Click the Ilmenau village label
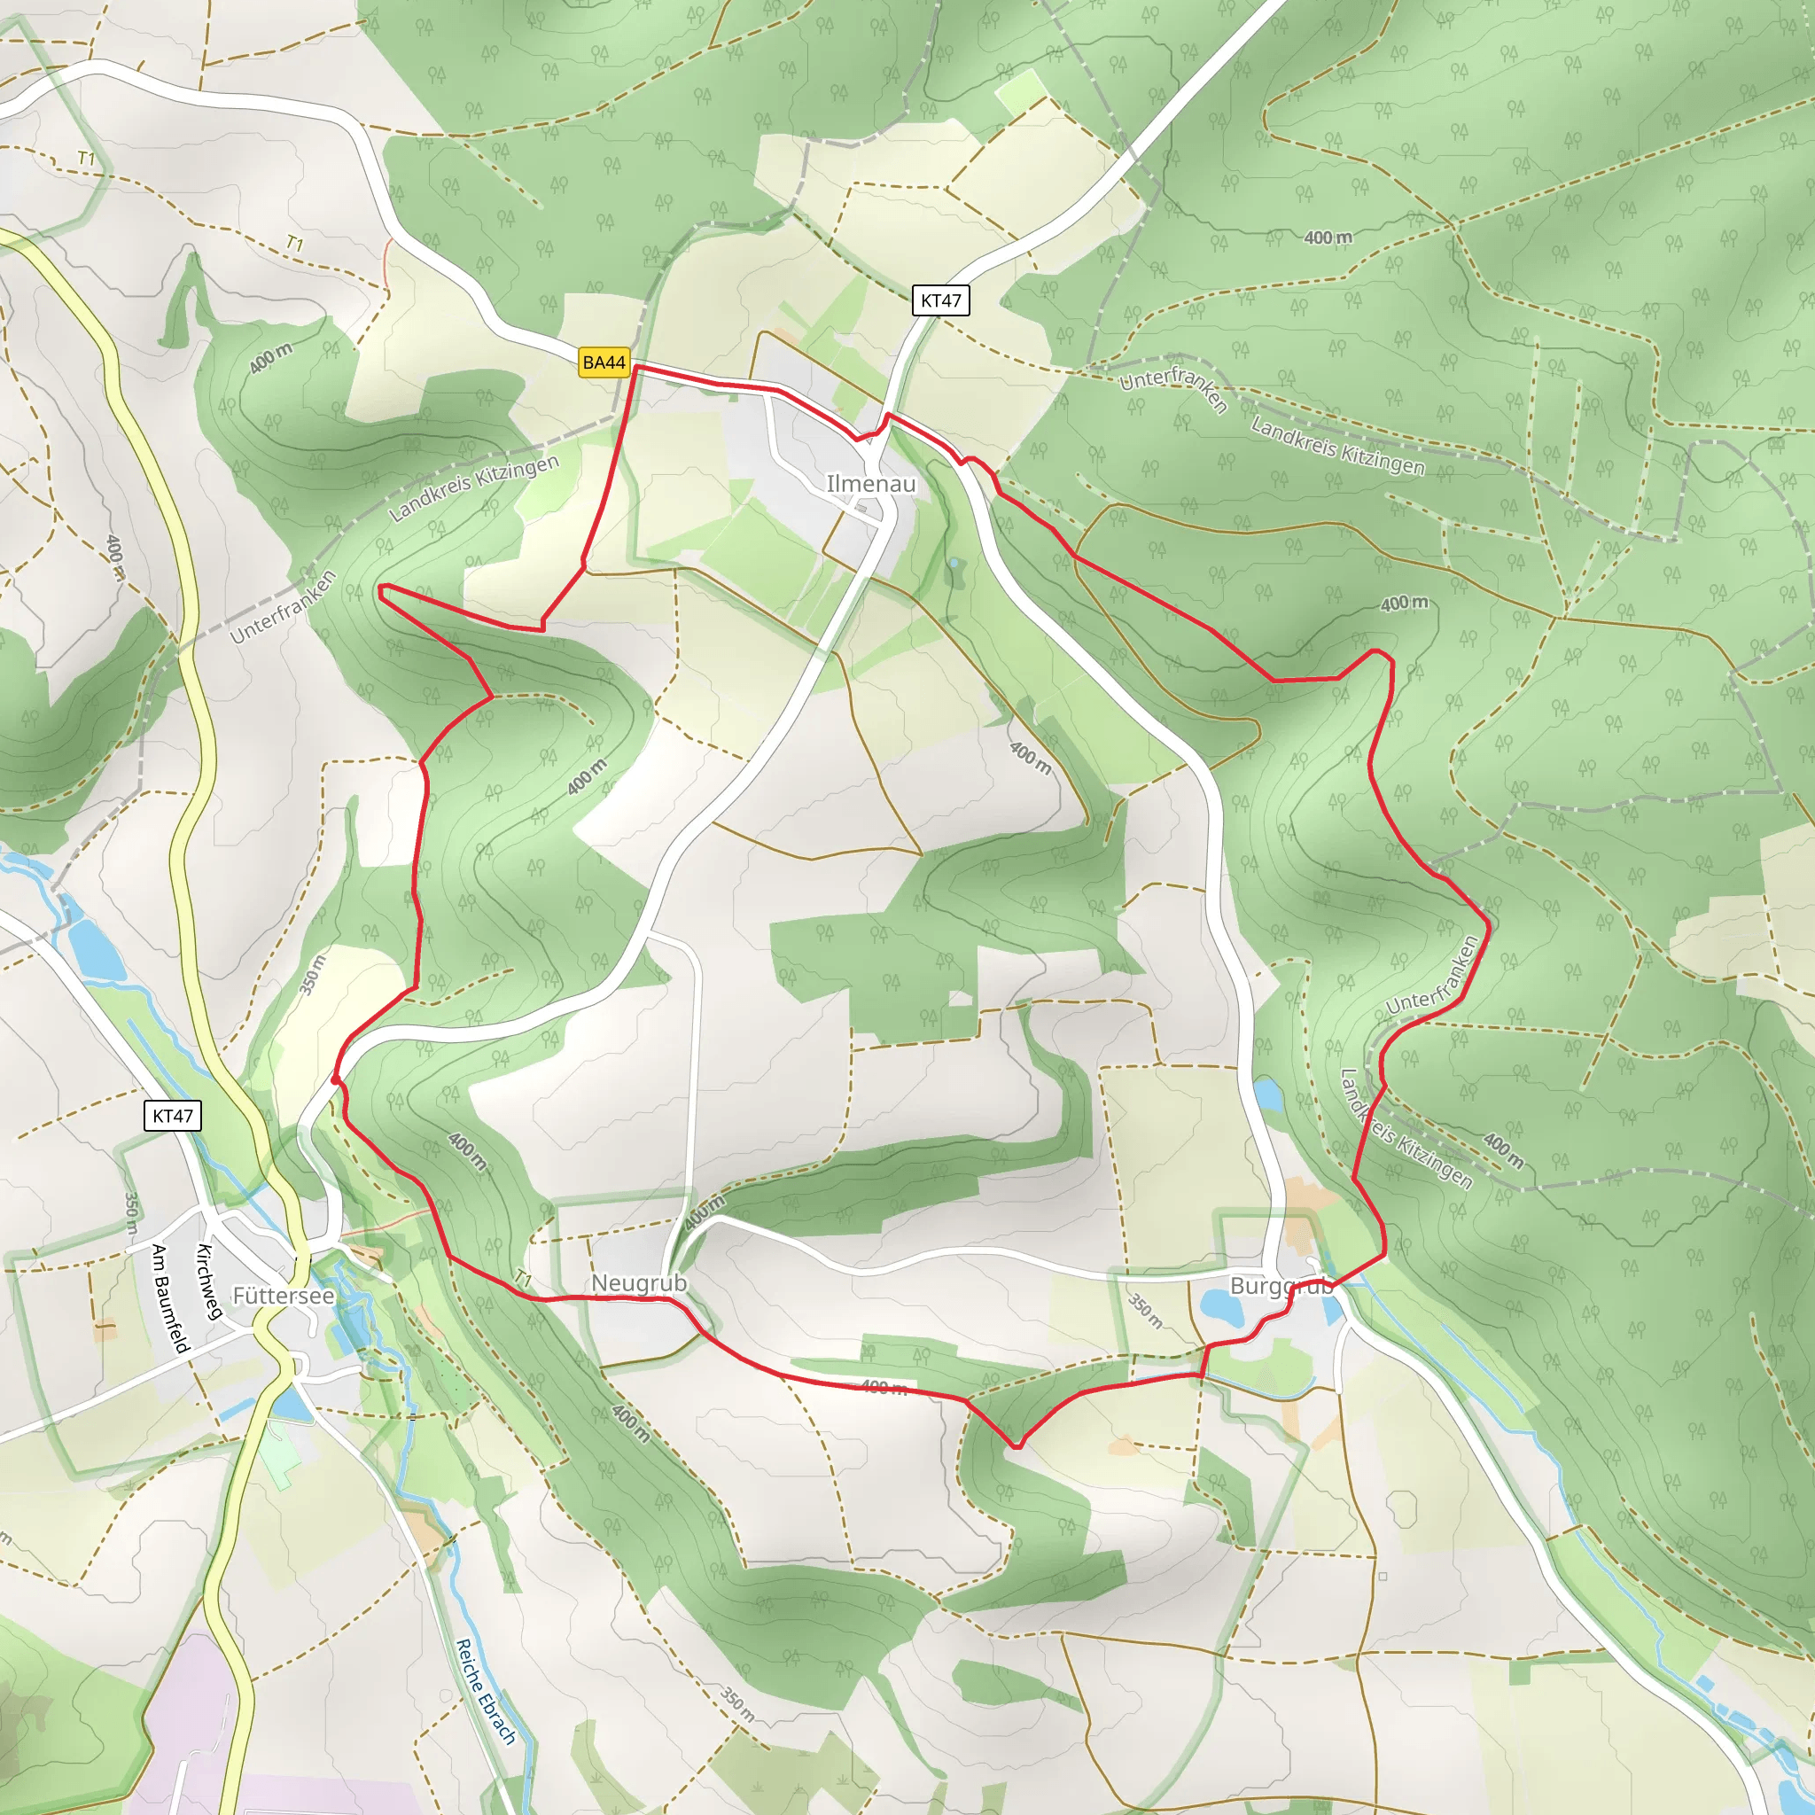click(x=870, y=484)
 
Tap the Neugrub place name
click(x=639, y=1283)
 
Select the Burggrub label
click(x=1281, y=1286)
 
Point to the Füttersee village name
click(x=283, y=1296)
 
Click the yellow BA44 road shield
click(x=604, y=362)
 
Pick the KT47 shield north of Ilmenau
click(x=940, y=300)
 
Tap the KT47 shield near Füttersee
click(x=173, y=1116)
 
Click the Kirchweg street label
click(x=208, y=1281)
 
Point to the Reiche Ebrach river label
click(x=486, y=1692)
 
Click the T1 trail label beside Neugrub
click(x=523, y=1279)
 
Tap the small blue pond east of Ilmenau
click(x=954, y=563)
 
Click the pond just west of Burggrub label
click(x=1222, y=1305)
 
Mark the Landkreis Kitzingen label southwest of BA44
click(x=473, y=487)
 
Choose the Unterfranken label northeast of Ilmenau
click(x=1173, y=390)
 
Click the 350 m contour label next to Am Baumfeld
click(x=131, y=1213)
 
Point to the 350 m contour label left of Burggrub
click(x=1145, y=1311)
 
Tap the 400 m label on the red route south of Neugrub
click(x=884, y=1387)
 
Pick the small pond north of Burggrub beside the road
click(x=1267, y=1094)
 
